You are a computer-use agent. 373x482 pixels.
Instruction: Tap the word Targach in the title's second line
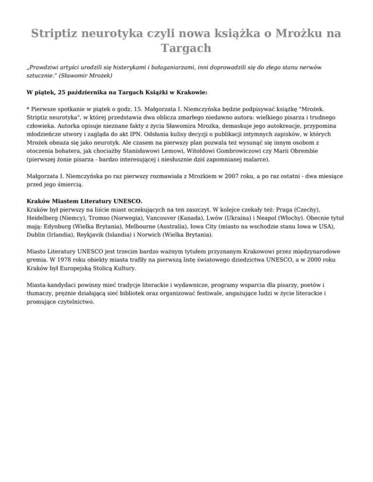[186, 48]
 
